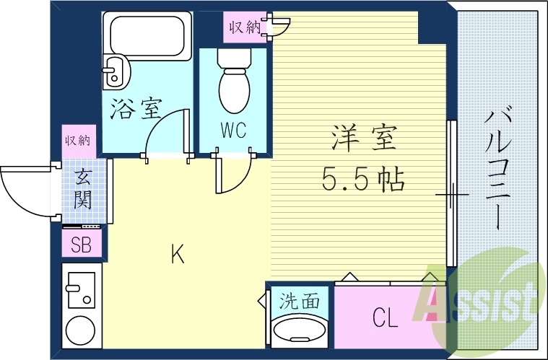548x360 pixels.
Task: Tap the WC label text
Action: click(233, 131)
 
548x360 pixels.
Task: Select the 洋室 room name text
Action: click(364, 138)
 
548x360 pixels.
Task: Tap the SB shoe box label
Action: click(81, 245)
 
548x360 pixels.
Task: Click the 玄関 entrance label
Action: click(82, 188)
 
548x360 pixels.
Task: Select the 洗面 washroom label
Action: click(299, 301)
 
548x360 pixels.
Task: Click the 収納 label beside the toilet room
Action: click(245, 27)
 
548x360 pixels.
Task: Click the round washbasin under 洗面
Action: click(299, 333)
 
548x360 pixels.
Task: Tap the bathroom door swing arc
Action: click(165, 133)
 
